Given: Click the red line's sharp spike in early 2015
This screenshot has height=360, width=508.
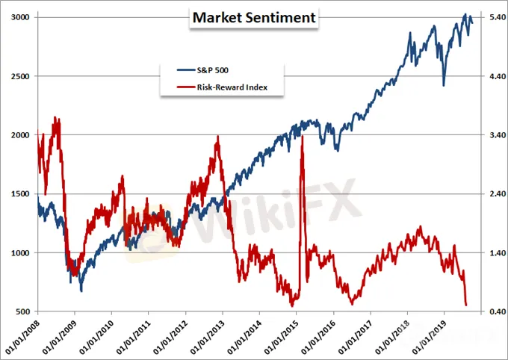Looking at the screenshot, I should pos(301,137).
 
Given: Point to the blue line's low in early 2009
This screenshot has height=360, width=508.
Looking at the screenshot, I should pos(81,291).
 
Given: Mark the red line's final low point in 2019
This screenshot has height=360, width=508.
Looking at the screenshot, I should pos(466,304).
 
